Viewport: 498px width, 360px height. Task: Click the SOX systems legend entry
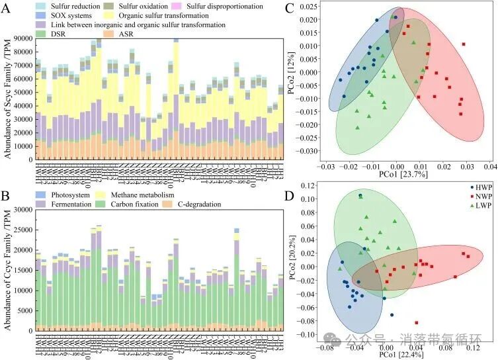click(x=67, y=15)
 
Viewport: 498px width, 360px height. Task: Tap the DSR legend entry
click(x=56, y=34)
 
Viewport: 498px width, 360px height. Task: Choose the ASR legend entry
click(x=135, y=34)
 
